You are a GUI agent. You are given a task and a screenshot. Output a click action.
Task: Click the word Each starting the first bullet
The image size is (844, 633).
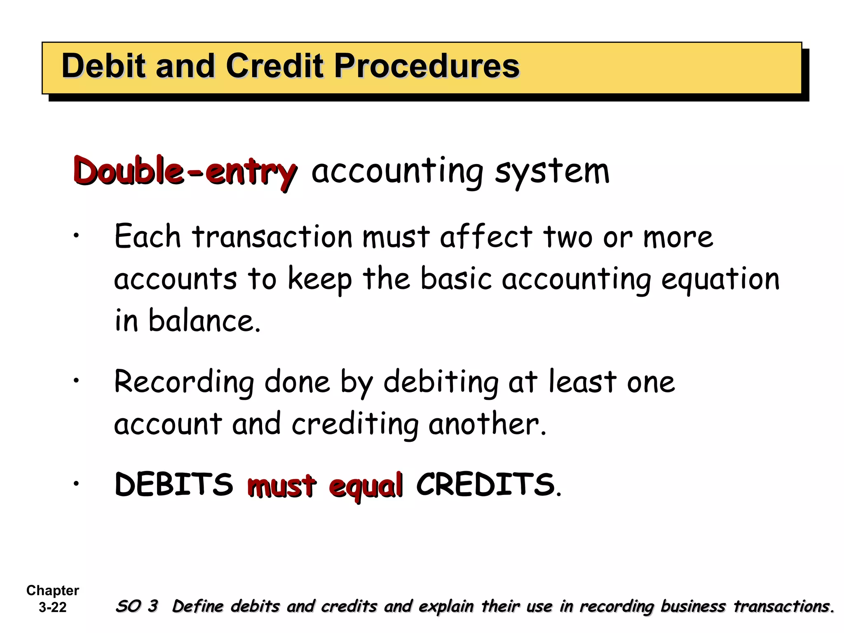148,237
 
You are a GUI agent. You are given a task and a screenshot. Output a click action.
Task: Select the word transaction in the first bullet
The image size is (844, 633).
272,237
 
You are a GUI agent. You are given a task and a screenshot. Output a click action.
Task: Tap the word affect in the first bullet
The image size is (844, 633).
486,237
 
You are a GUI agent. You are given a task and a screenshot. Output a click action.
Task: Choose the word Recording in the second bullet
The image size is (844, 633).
184,382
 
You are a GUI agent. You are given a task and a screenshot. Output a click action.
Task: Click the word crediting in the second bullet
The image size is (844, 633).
355,424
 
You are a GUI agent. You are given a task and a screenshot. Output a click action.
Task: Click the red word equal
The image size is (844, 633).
366,486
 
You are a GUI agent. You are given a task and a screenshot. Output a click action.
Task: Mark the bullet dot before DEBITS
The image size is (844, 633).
76,483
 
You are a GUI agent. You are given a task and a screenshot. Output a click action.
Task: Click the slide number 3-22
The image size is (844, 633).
53,607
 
